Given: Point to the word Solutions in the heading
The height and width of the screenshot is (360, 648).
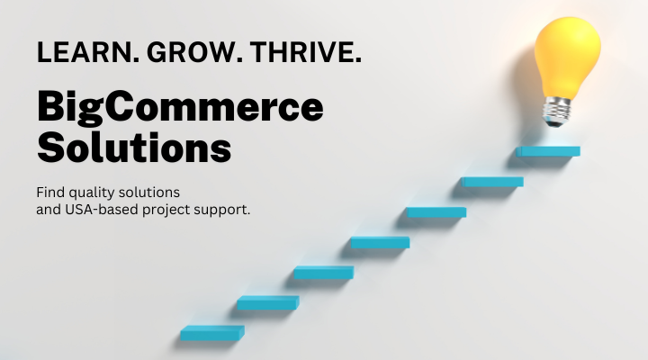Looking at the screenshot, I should [134, 148].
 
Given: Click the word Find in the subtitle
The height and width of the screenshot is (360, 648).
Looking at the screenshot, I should [50, 193].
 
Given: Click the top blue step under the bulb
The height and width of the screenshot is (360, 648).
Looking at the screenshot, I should [548, 151].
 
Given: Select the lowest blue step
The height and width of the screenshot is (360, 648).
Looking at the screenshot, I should [211, 333].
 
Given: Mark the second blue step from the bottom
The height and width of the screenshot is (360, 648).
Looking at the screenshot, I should [267, 302].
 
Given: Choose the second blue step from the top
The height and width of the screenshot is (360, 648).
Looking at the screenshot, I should [492, 182].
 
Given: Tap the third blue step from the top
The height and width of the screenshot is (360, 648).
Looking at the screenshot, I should [436, 212].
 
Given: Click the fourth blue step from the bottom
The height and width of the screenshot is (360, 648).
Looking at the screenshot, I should [380, 242].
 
